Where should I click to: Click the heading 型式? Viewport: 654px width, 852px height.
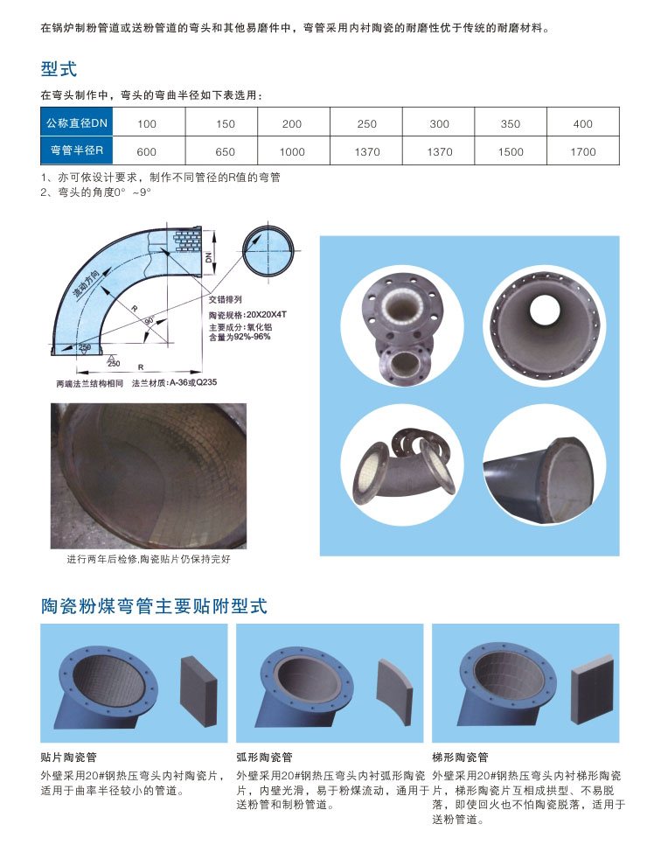pyautogui.click(x=59, y=69)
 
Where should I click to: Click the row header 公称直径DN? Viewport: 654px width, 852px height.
pyautogui.click(x=77, y=123)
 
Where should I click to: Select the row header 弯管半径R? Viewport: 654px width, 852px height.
pyautogui.click(x=77, y=150)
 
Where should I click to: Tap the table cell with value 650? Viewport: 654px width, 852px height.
pyautogui.click(x=225, y=151)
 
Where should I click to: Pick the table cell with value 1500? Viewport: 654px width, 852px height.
pyautogui.click(x=511, y=151)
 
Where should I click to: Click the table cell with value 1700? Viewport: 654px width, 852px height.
pyautogui.click(x=583, y=151)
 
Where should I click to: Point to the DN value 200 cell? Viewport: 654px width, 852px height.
pyautogui.click(x=292, y=124)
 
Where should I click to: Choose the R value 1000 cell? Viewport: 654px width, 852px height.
pyautogui.click(x=292, y=151)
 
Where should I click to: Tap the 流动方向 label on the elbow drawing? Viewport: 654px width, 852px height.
pyautogui.click(x=87, y=283)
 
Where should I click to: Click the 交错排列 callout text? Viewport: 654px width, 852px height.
pyautogui.click(x=226, y=299)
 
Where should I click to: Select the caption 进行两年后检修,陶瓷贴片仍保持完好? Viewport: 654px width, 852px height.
pyautogui.click(x=149, y=559)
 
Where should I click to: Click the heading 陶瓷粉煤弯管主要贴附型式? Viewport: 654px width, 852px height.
pyautogui.click(x=154, y=606)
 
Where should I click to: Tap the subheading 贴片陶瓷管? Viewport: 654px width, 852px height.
pyautogui.click(x=68, y=757)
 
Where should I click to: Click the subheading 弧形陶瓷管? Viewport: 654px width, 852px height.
pyautogui.click(x=265, y=757)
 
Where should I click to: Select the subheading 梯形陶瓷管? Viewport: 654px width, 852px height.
pyautogui.click(x=460, y=757)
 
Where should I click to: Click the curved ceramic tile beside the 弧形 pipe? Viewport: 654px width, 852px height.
pyautogui.click(x=394, y=691)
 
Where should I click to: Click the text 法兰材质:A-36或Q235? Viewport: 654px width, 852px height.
pyautogui.click(x=174, y=382)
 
